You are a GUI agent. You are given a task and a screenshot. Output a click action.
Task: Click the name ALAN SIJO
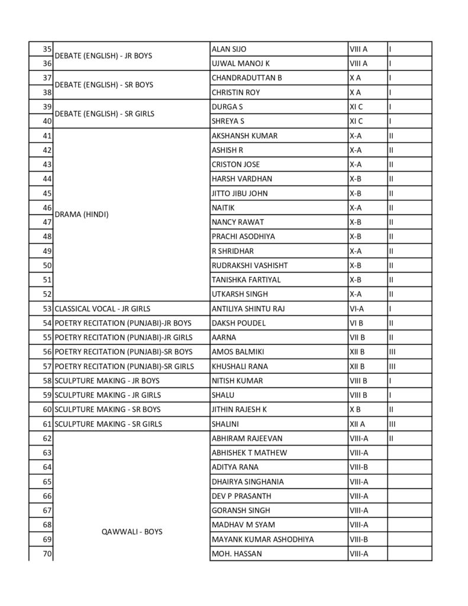tap(230, 49)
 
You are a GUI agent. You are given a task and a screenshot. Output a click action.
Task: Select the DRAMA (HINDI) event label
tap(81, 215)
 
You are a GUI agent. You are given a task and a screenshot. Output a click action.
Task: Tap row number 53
tap(47, 309)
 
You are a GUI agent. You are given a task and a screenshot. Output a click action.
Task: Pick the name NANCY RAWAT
tap(237, 223)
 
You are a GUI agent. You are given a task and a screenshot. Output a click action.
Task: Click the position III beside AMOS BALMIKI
tap(392, 352)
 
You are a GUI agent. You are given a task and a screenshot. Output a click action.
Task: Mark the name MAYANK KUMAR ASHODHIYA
tap(263, 540)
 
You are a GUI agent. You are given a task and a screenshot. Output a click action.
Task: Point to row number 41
tap(47, 136)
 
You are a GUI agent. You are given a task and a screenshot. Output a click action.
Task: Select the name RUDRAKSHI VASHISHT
tap(250, 266)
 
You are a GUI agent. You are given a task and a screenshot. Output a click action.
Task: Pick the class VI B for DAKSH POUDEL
tap(356, 323)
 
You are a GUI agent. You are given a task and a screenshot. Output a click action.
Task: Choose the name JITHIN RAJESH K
tap(239, 410)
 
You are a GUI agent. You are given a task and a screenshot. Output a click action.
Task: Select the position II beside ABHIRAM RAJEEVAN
tap(391, 439)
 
